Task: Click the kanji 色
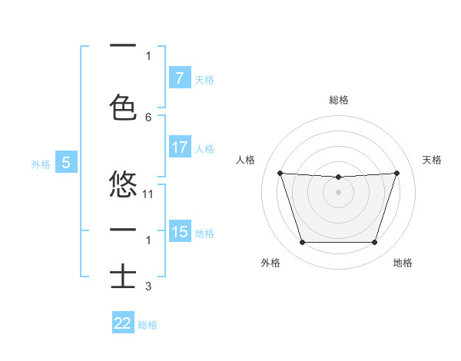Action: coord(124,107)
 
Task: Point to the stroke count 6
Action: coord(148,117)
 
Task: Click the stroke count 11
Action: coord(148,194)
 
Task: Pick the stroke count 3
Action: coord(148,286)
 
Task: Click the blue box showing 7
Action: coord(179,78)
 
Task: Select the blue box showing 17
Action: coord(179,148)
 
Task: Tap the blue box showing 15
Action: coord(179,232)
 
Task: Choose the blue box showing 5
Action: coord(67,163)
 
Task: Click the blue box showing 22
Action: coord(123,323)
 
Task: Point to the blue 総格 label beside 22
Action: coord(148,325)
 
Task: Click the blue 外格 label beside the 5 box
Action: coord(41,164)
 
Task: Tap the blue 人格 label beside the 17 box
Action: coord(204,149)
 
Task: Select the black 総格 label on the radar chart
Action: coord(339,100)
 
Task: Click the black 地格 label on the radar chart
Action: coord(403,263)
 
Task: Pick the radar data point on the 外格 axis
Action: coord(302,243)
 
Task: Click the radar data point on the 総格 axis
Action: coord(338,177)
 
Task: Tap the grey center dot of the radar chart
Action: coord(338,192)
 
